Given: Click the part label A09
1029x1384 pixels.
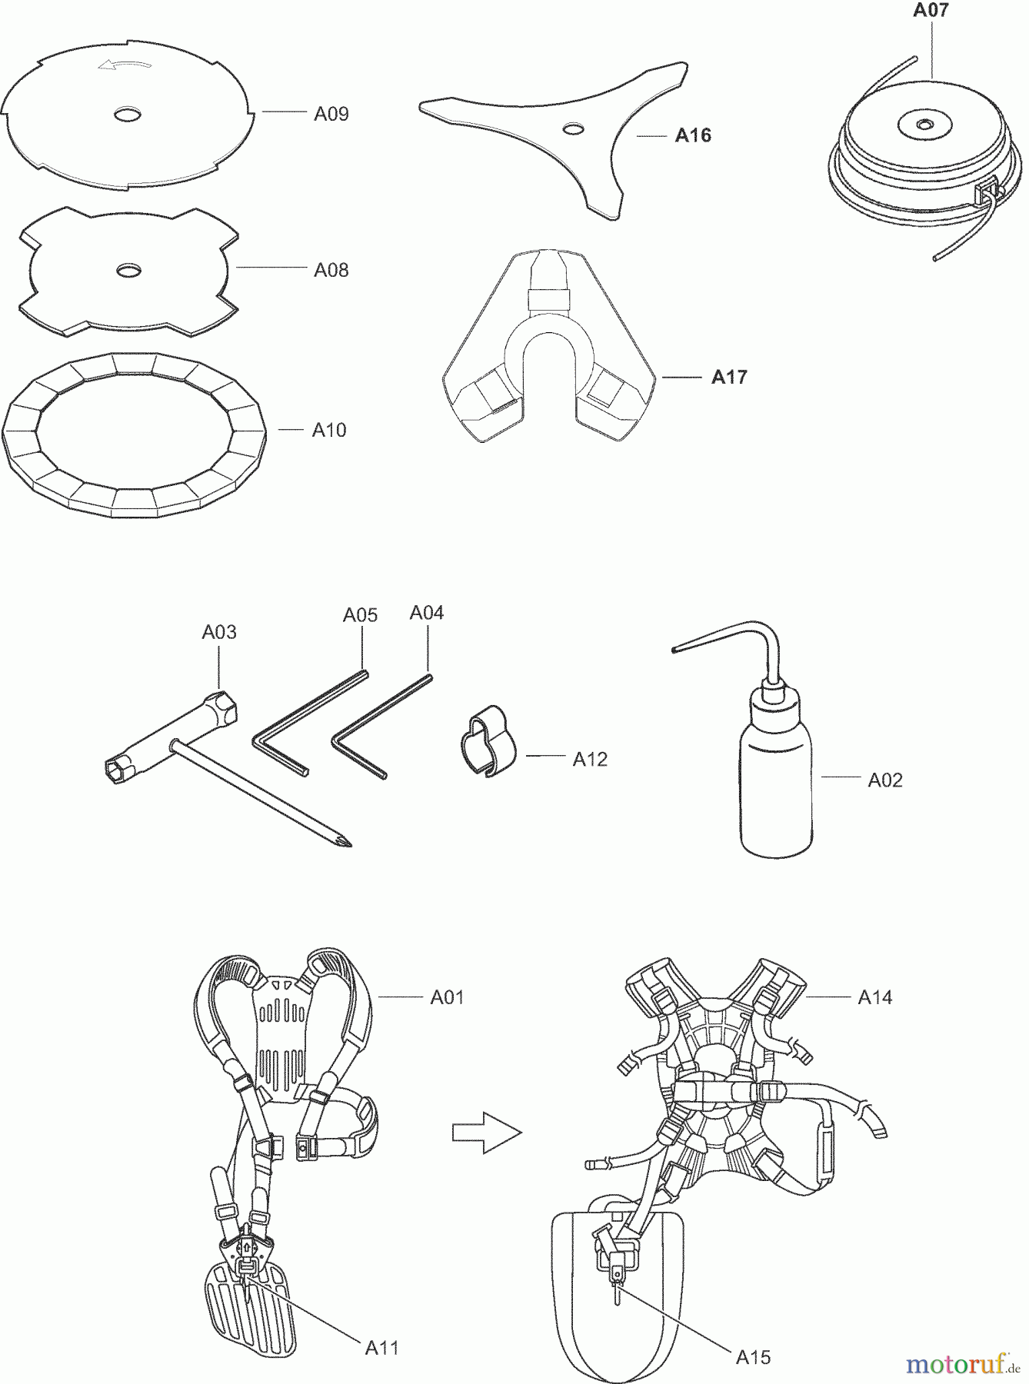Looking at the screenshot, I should click(331, 115).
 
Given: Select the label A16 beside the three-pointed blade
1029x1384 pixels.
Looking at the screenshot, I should click(693, 136).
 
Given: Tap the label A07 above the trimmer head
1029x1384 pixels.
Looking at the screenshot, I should click(931, 11).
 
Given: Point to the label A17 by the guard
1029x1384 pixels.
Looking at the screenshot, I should click(729, 378).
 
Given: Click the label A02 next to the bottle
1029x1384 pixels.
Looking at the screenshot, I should click(885, 780).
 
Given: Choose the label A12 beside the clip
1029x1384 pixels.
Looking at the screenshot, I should click(590, 760).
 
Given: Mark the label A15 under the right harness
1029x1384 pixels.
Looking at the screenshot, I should click(753, 1358).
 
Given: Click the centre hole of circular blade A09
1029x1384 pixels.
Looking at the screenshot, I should click(127, 115).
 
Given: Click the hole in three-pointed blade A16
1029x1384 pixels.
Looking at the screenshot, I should click(571, 128).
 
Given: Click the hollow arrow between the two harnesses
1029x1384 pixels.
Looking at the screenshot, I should click(486, 1133).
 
